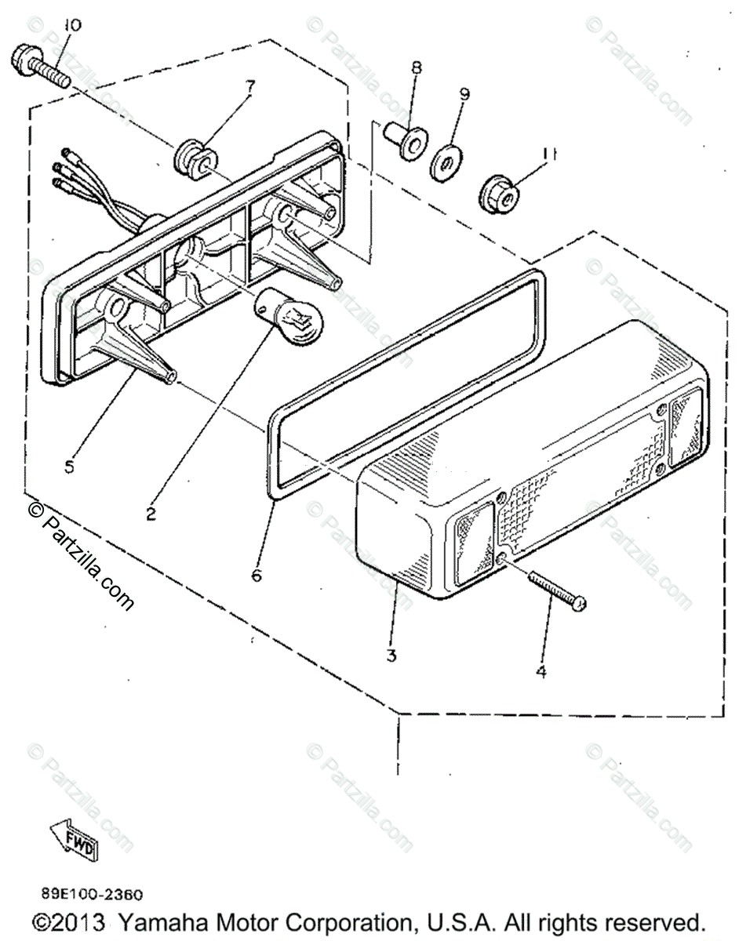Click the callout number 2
(150, 514)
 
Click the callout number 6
(257, 576)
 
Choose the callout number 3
(391, 655)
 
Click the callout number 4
(541, 672)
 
